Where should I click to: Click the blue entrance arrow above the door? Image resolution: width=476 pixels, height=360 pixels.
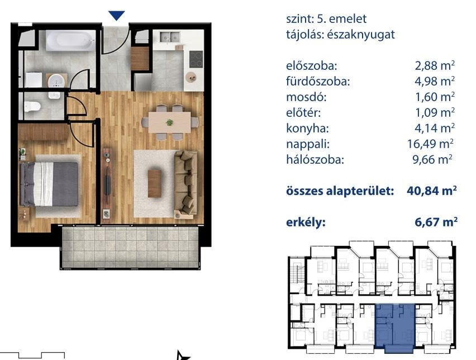117,15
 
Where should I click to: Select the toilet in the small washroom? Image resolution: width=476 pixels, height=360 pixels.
32,106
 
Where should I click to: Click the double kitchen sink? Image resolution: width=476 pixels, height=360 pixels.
170,37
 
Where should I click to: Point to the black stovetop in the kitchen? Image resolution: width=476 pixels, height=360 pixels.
196,59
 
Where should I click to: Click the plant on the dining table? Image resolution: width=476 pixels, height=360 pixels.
169,122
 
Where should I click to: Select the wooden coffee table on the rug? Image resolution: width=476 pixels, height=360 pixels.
155,183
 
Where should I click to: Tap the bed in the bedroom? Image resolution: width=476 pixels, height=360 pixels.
49,184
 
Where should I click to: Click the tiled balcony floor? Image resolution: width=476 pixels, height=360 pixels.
130,247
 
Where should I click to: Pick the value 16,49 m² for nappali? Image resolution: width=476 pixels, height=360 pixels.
430,144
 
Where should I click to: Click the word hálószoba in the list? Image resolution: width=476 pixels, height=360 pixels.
315,159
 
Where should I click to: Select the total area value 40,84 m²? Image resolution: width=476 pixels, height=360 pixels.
432,191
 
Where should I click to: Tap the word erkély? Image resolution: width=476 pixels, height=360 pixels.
306,222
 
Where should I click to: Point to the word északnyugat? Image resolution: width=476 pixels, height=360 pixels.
361,35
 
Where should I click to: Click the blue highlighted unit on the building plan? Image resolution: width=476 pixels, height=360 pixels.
395,328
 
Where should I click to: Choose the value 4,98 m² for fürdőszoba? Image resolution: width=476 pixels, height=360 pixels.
435,81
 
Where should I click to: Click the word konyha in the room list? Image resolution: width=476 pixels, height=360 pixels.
307,129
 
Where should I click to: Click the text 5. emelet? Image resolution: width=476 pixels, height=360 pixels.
341,19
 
